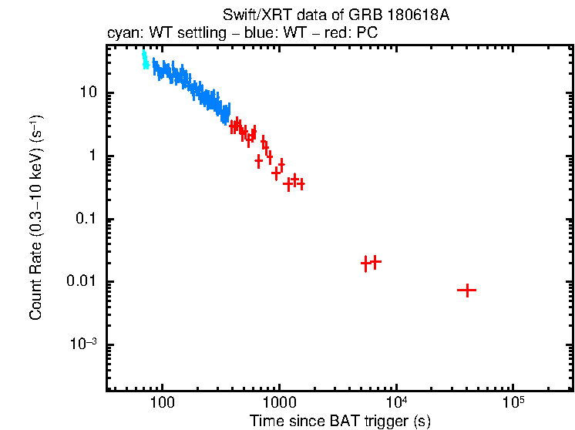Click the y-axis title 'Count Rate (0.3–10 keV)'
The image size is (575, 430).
(x=36, y=219)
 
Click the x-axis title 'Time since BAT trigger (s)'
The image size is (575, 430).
(x=340, y=420)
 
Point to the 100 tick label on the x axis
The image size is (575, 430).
(x=162, y=402)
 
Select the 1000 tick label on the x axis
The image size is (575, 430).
(x=279, y=402)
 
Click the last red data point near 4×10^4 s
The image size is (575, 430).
(x=466, y=291)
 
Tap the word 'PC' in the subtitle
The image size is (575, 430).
(x=367, y=35)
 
